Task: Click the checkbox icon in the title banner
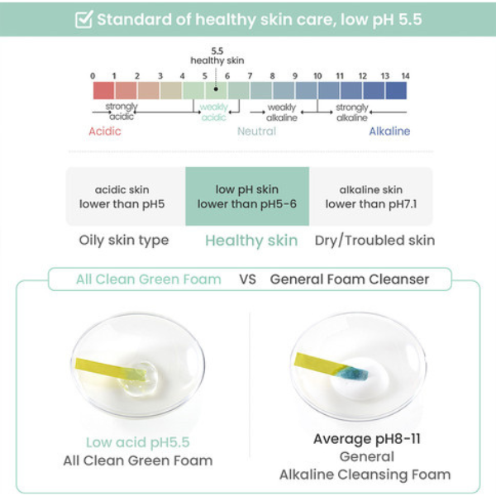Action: tap(83, 19)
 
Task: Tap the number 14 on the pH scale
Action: tap(405, 75)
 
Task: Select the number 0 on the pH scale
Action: tap(93, 75)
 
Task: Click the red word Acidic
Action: tap(105, 131)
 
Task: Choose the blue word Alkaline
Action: tap(389, 131)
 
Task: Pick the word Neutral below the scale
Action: tap(256, 131)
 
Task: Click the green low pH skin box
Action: tap(247, 197)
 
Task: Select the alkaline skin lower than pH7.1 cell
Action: tap(370, 197)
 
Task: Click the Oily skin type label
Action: tap(124, 241)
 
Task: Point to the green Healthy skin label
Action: tap(250, 241)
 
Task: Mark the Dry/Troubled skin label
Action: tap(374, 241)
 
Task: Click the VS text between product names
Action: tap(247, 279)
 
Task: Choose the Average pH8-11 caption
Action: tap(366, 439)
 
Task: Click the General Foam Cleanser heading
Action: tap(350, 279)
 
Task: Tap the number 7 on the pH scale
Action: tap(250, 75)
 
